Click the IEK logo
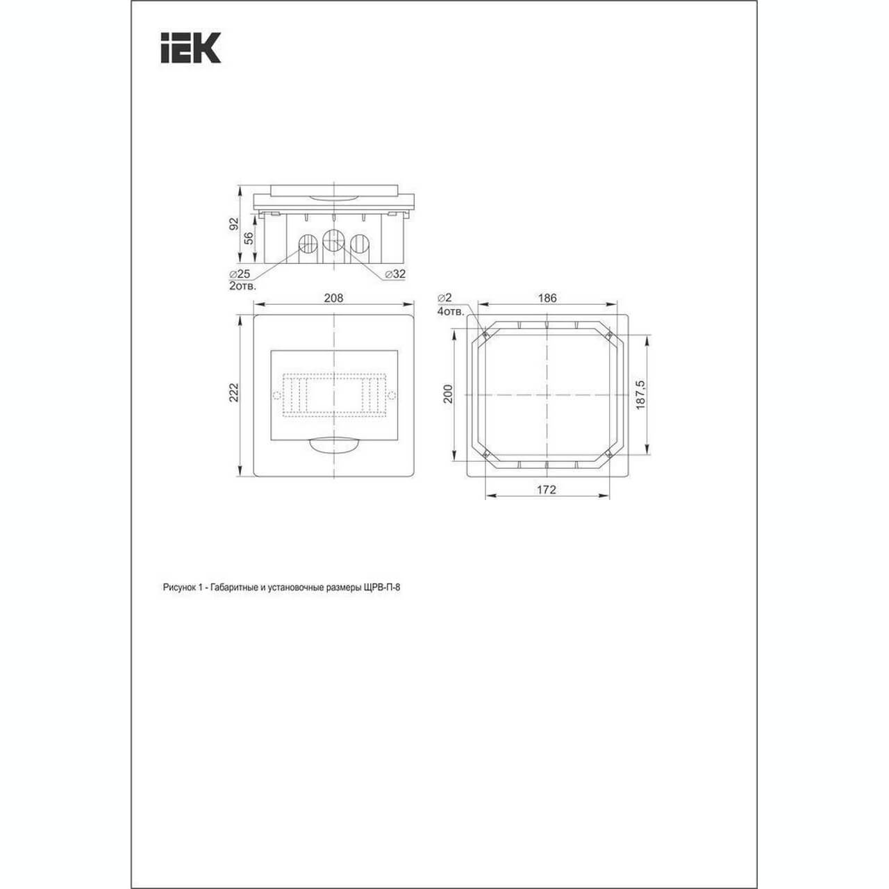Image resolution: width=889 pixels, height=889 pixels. click(190, 47)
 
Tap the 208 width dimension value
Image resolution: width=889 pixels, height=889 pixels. click(333, 298)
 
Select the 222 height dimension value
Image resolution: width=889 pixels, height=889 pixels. click(234, 392)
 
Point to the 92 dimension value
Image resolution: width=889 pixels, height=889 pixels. click(234, 223)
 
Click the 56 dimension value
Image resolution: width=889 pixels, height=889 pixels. click(248, 238)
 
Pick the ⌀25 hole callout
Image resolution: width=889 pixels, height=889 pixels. click(240, 274)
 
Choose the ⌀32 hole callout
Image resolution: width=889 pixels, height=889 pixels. click(395, 274)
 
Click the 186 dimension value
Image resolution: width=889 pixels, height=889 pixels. click(547, 298)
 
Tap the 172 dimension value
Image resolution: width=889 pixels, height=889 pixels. click(547, 490)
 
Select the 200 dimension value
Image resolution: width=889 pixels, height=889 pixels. click(449, 394)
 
